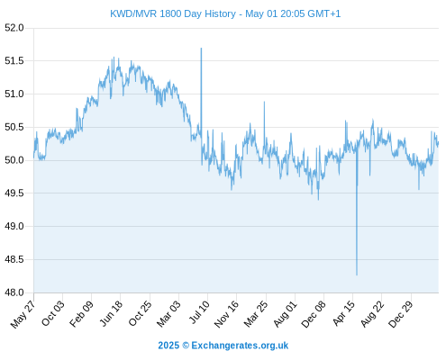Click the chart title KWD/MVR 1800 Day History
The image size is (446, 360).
[173, 13]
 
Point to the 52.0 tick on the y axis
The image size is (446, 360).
[14, 28]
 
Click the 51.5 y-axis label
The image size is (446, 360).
[14, 61]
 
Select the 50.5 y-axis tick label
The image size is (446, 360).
[14, 127]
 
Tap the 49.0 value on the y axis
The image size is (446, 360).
[14, 226]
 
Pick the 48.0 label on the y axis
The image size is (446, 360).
[14, 292]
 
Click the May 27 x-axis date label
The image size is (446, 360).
[23, 314]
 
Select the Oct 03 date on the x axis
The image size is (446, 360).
[52, 313]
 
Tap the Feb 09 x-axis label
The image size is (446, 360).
[81, 314]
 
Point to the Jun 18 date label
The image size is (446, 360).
[111, 313]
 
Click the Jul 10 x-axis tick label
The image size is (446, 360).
[199, 312]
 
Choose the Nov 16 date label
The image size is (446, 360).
[226, 314]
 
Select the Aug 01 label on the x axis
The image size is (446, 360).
[285, 314]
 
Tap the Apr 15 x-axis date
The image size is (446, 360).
[344, 313]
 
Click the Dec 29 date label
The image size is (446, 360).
[401, 314]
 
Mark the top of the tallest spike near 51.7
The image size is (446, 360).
[201, 48]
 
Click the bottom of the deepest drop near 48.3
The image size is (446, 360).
[357, 274]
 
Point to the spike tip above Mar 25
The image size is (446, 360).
[264, 102]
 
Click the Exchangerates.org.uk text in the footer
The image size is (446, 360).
[240, 346]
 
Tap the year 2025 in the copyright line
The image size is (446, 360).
[168, 346]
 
